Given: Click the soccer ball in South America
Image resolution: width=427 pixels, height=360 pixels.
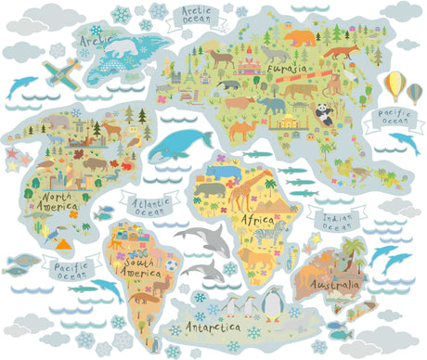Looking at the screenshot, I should [171, 265].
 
